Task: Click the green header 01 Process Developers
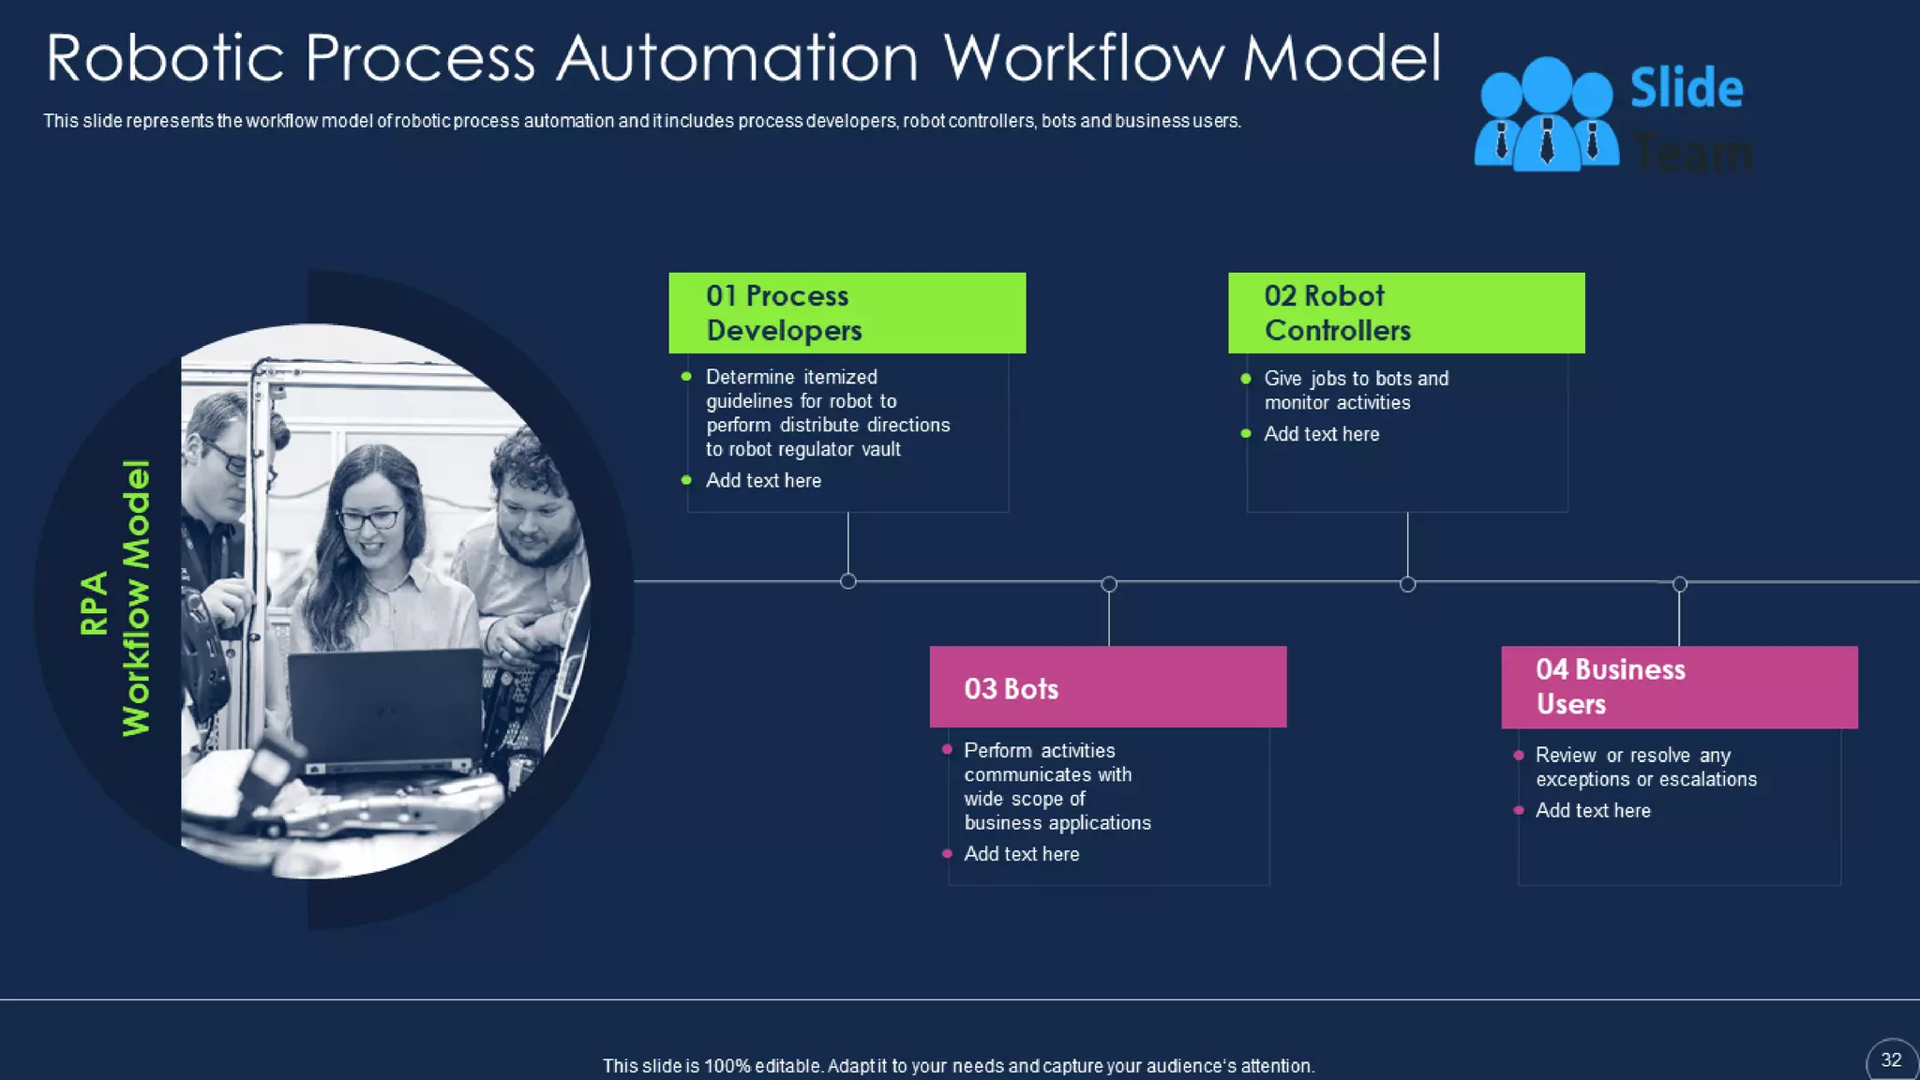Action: point(847,313)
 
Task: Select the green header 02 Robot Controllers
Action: point(1406,313)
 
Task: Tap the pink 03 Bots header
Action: point(1107,687)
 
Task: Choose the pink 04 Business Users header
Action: point(1679,687)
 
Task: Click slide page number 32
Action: point(1891,1060)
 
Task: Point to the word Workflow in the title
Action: point(1084,58)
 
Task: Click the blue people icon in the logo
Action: point(1546,115)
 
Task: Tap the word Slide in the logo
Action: point(1687,89)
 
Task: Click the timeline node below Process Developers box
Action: point(848,581)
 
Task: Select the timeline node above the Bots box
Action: point(1109,584)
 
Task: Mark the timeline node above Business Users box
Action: point(1680,584)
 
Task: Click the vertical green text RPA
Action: point(94,604)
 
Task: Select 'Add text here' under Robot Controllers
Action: point(1321,434)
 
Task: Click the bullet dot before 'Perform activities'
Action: point(947,749)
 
